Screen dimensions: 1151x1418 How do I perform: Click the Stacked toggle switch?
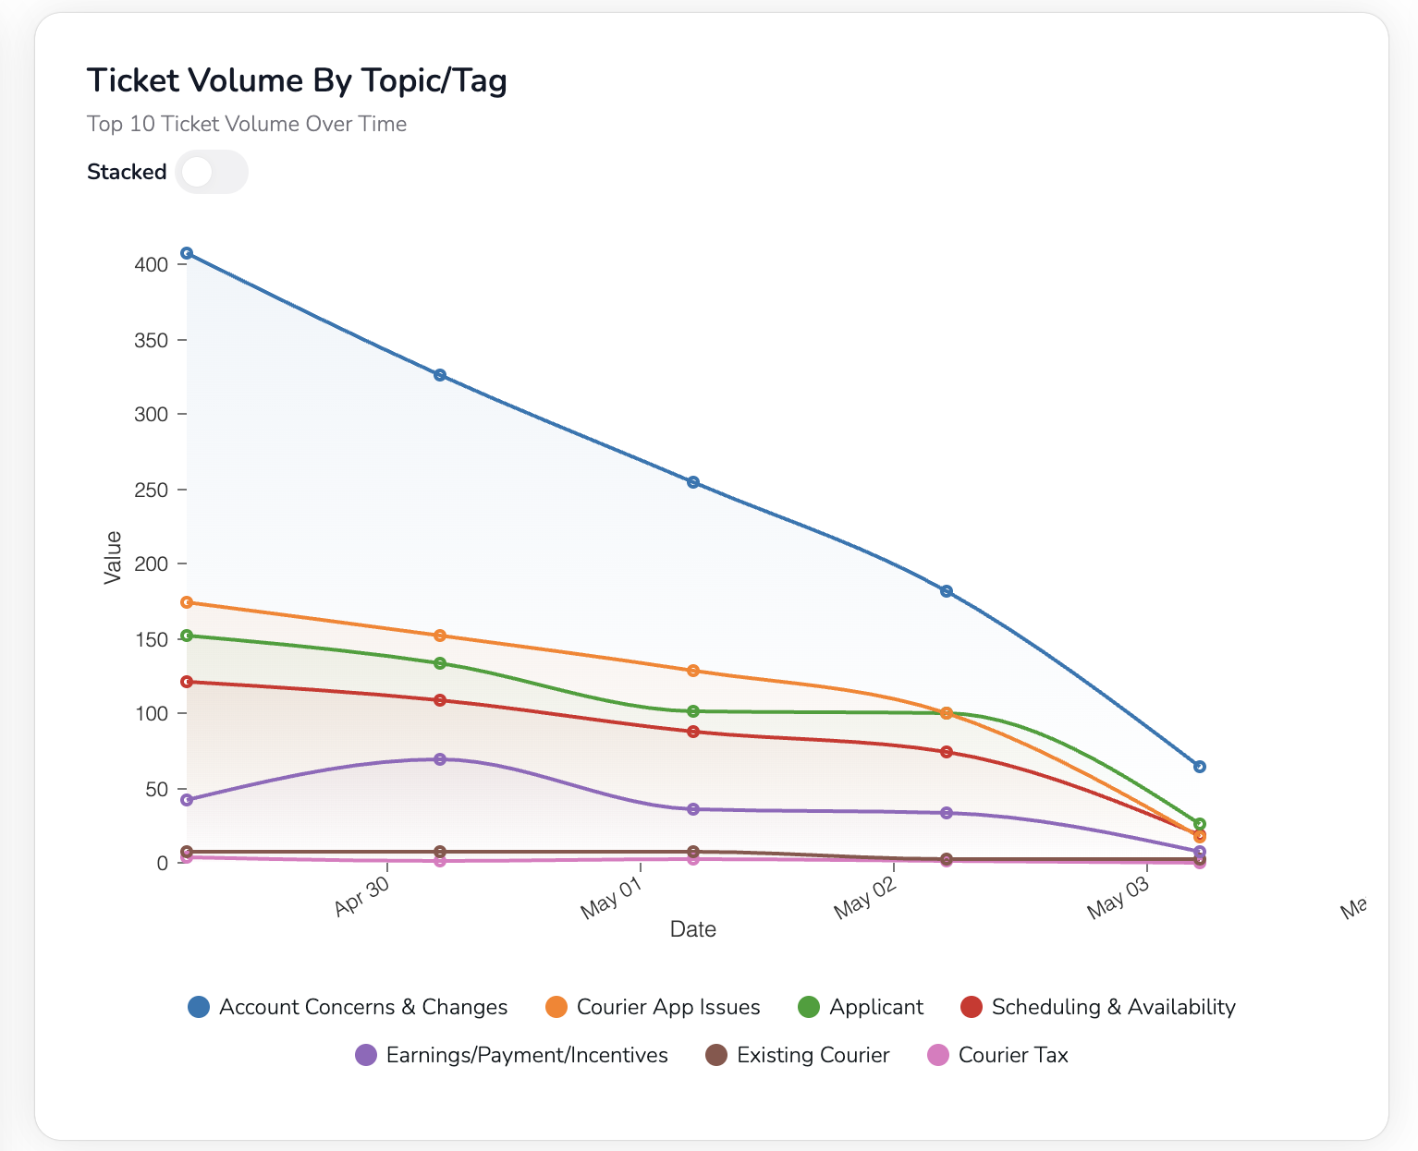click(x=211, y=172)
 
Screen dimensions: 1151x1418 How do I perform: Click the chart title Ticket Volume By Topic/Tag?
click(x=297, y=81)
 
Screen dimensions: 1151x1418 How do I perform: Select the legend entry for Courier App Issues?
click(x=653, y=1007)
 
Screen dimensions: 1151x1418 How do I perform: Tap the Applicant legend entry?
click(x=861, y=1007)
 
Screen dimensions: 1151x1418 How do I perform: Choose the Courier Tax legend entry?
click(x=997, y=1055)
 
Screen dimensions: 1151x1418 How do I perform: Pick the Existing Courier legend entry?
click(x=797, y=1055)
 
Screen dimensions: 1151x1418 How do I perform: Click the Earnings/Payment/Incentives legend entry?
click(x=511, y=1055)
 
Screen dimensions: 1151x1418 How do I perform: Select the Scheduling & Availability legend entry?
click(x=1098, y=1007)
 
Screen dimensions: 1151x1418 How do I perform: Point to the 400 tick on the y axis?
click(x=151, y=265)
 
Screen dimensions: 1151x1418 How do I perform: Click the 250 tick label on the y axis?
click(x=151, y=490)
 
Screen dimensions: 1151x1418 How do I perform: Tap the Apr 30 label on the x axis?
click(x=361, y=897)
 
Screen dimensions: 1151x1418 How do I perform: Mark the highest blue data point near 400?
click(x=187, y=253)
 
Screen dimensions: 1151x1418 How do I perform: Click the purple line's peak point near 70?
click(x=440, y=759)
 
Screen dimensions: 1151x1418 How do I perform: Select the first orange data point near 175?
click(x=187, y=602)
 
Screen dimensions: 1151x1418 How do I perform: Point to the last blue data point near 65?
click(x=1200, y=767)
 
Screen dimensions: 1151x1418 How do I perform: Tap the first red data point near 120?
click(x=187, y=682)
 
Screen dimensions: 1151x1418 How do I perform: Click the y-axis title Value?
click(x=113, y=557)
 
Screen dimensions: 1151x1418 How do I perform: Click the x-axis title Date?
click(x=693, y=929)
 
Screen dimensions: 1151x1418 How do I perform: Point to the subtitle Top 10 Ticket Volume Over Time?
click(x=247, y=124)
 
